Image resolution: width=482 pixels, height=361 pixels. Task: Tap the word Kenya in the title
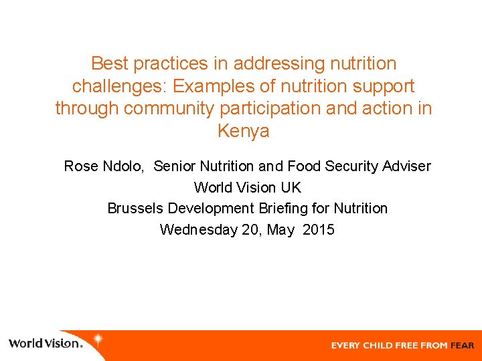pos(244,130)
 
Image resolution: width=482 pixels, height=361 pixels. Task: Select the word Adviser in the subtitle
pos(406,166)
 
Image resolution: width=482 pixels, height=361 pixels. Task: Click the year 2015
pos(319,230)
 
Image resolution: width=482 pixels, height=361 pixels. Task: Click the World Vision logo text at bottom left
pos(45,344)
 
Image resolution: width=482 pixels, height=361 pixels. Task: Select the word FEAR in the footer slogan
pos(462,346)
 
